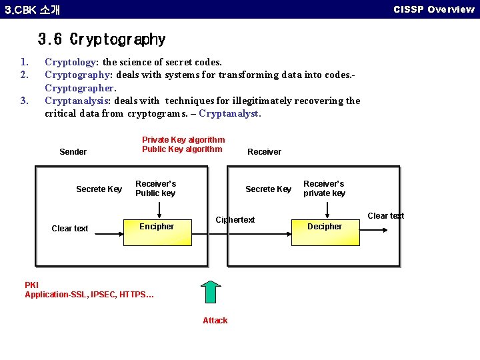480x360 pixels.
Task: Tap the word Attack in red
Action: (215, 321)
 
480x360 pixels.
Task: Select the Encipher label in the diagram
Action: (157, 227)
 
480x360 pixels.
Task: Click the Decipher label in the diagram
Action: (325, 227)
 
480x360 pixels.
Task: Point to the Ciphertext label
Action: (235, 220)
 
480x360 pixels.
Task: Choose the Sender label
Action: (73, 152)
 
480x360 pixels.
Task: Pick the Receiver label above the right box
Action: (264, 152)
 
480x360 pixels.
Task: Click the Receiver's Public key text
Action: (155, 189)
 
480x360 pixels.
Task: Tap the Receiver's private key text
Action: (324, 189)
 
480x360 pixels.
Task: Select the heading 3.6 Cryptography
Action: (101, 40)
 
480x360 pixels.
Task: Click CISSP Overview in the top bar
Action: (433, 9)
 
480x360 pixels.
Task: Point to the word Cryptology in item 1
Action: (70, 63)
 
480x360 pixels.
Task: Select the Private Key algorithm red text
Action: (183, 140)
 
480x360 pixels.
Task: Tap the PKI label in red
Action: (31, 285)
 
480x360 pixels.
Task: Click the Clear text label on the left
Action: (70, 229)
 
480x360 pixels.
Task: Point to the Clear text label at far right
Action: (386, 216)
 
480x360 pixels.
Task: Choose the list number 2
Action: (25, 75)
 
